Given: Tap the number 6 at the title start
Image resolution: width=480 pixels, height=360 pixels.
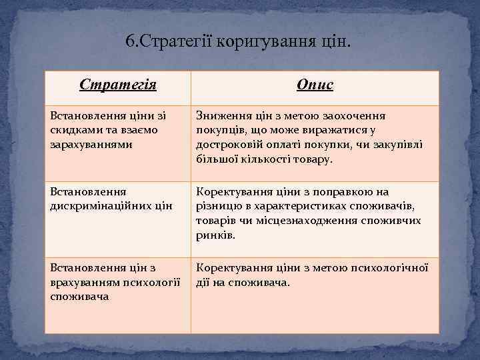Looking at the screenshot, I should click(130, 42).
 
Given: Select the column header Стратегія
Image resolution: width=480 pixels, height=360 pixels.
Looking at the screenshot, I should click(118, 85).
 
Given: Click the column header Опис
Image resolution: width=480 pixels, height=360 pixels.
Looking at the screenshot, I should click(315, 85).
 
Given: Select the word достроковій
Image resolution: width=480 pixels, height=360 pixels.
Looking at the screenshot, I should click(228, 145).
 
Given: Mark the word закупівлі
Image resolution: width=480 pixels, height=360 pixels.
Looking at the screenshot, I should click(399, 145).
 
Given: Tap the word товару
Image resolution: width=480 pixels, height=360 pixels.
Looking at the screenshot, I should click(313, 159).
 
